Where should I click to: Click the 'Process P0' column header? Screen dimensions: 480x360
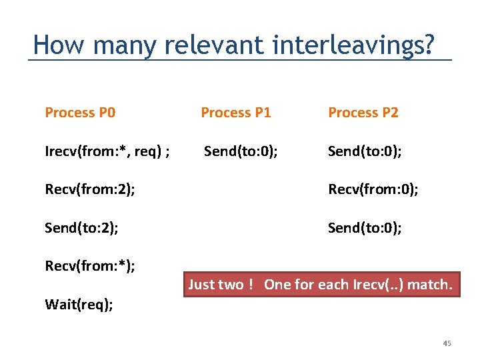tap(80, 113)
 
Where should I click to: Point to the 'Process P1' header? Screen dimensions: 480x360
tap(236, 113)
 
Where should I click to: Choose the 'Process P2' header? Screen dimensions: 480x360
tap(363, 113)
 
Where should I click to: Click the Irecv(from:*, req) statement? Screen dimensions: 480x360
tap(107, 151)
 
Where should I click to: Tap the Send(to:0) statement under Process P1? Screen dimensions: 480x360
tap(241, 151)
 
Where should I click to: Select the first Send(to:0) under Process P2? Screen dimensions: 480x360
tap(365, 151)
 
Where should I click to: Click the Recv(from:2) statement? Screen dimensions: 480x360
tap(89, 190)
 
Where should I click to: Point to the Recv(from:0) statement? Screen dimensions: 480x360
tap(373, 190)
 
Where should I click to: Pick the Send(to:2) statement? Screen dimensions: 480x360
tap(81, 228)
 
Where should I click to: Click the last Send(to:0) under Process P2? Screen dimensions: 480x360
tap(365, 228)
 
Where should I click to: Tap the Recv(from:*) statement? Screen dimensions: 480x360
tap(89, 267)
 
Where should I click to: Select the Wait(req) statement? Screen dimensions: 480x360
tap(79, 305)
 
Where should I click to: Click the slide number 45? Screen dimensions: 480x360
tap(447, 343)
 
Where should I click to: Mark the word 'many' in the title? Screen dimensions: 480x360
tap(125, 45)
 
